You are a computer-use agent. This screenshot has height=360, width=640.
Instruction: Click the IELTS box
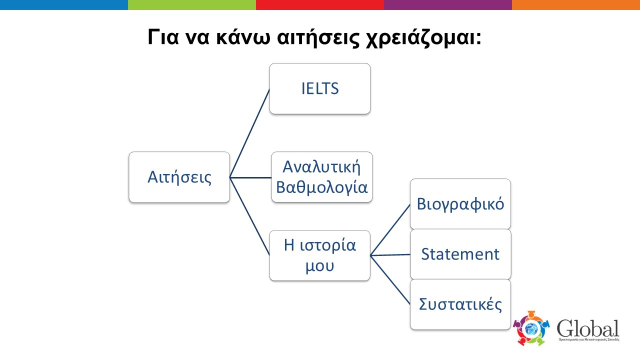(320, 88)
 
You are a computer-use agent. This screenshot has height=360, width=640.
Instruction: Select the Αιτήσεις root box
(179, 177)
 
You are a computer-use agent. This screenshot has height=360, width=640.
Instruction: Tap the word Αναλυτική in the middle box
(321, 166)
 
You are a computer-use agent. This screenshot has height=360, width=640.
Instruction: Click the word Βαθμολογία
(321, 187)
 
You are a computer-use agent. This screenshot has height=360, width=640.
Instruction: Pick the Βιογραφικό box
(460, 204)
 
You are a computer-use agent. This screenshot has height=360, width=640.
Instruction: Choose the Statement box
(460, 254)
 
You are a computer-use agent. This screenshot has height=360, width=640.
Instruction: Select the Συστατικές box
(460, 304)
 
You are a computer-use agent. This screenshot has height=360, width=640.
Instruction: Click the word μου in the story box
(319, 265)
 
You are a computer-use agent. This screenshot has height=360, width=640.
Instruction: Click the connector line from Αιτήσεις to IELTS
(249, 133)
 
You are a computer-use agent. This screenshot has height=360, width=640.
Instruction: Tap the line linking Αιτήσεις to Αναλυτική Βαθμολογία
(250, 177)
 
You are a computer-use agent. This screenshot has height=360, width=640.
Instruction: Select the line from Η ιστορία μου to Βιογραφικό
(390, 230)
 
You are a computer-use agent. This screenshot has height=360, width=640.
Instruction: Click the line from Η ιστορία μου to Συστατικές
(390, 280)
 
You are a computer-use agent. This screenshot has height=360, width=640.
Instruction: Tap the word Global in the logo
(588, 328)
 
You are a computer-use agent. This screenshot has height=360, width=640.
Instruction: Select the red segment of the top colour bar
(320, 5)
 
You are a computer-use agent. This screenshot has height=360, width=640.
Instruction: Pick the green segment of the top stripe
(192, 5)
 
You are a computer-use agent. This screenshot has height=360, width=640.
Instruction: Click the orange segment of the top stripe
(576, 5)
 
